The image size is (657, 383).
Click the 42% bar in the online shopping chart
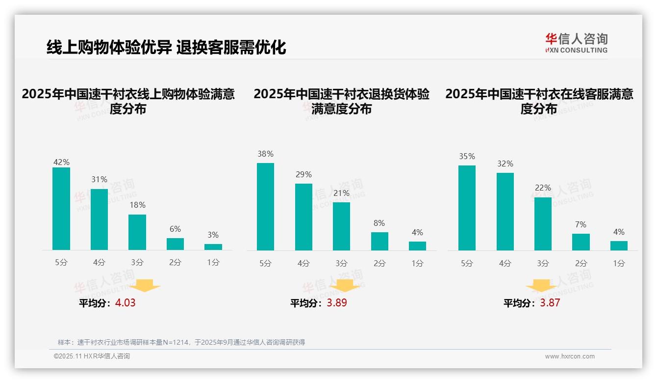click(x=61, y=209)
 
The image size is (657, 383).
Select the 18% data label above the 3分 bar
click(x=137, y=205)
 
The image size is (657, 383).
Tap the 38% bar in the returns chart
click(x=265, y=207)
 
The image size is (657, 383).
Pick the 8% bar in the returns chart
click(x=379, y=241)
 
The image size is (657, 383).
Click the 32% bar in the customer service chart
click(x=505, y=212)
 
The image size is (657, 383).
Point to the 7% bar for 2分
click(x=581, y=242)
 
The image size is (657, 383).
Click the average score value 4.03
click(x=125, y=303)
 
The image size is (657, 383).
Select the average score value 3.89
click(x=337, y=303)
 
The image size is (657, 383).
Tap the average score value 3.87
click(x=550, y=303)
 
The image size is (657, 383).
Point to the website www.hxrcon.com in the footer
click(x=569, y=356)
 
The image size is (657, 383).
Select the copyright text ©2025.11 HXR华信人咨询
click(x=92, y=356)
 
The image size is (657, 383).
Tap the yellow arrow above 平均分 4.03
click(x=145, y=285)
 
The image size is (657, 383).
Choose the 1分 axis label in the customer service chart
click(x=619, y=263)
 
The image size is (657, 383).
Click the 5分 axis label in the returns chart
click(x=265, y=263)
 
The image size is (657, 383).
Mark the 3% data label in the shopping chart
click(x=213, y=235)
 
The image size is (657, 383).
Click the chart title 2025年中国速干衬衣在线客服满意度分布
click(x=539, y=101)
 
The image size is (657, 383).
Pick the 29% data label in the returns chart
click(x=303, y=174)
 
